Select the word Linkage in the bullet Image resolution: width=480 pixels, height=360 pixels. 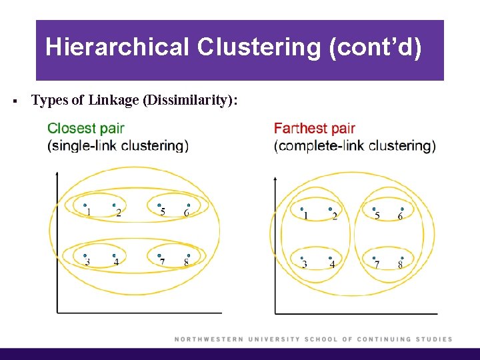coord(110,101)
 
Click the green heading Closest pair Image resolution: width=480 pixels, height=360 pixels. coord(86,128)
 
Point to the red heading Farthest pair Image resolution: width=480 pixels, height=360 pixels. coord(314,128)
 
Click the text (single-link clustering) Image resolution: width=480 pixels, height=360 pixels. coord(118,145)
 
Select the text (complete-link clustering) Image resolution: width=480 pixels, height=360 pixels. coord(355,145)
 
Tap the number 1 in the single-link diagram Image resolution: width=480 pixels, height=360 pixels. coord(89,213)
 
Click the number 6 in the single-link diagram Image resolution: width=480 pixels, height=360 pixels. coord(186,213)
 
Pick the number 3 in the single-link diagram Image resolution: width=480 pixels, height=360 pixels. coord(87,262)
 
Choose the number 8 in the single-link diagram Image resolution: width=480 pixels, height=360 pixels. coord(186,262)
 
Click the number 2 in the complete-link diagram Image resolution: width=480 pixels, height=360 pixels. coord(335,216)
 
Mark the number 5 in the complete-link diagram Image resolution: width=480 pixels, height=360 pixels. coord(377,216)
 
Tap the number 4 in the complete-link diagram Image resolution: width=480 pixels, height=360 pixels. coord(332,265)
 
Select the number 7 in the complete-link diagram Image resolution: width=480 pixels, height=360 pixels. coord(377,265)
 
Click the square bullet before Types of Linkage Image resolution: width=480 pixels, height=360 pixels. coord(14,101)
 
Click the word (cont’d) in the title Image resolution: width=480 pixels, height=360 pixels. coord(383,48)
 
